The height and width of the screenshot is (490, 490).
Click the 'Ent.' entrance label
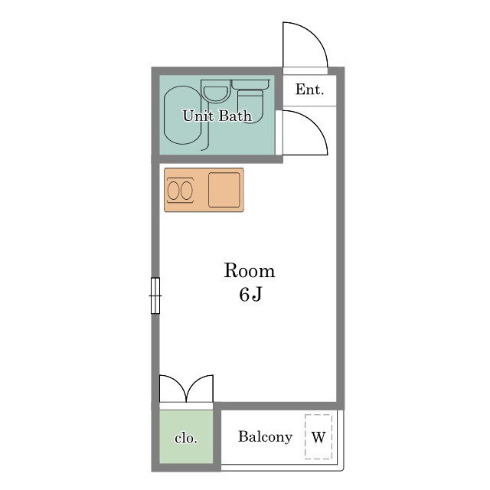point(309,90)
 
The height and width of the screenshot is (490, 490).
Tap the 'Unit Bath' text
point(217,116)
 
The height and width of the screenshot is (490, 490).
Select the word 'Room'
point(250,270)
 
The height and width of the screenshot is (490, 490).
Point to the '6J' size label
point(250,294)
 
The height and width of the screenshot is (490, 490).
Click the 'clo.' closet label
point(186,438)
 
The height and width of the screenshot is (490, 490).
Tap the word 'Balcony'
point(266,437)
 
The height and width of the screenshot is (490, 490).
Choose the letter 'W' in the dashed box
point(318,437)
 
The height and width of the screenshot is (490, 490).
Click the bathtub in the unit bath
point(183,116)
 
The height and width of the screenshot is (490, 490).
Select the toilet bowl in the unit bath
point(250,106)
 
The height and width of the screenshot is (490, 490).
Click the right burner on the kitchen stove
point(187,191)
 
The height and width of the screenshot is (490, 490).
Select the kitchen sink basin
point(224,190)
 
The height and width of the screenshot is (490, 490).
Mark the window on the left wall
point(155,296)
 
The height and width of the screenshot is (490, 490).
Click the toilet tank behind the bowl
point(250,84)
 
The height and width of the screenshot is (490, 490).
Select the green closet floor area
point(186,436)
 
